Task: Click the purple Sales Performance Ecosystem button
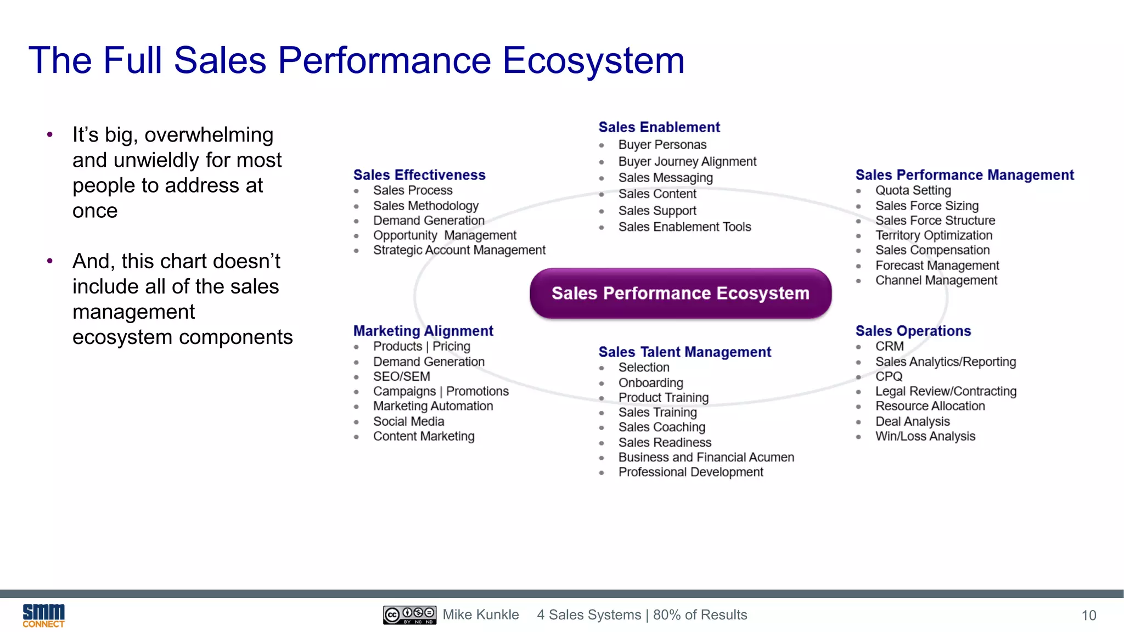pos(681,294)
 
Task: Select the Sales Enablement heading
pos(659,127)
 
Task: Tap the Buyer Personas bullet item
pos(662,145)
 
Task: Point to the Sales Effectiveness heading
pos(419,175)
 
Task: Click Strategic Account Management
pos(459,250)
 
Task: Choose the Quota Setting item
pos(913,190)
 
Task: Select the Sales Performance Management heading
pos(964,175)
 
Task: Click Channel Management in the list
pos(936,280)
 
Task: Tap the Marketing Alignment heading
pos(423,331)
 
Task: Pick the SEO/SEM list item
pos(401,376)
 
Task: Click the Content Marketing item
pos(424,436)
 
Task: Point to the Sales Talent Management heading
pos(684,352)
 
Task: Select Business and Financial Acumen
pos(706,457)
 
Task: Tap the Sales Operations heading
pos(913,331)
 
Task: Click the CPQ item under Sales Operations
pos(889,376)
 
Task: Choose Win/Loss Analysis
pos(925,436)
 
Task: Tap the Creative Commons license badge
pos(409,615)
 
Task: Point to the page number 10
pos(1088,616)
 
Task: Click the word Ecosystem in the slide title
pos(593,60)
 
